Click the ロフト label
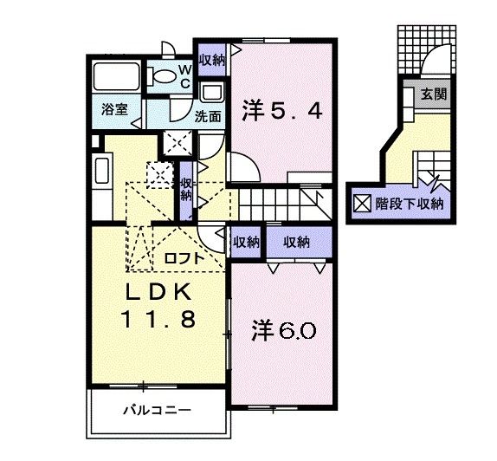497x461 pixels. pyautogui.click(x=184, y=256)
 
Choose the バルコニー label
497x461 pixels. pyautogui.click(x=156, y=409)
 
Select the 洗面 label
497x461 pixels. pyautogui.click(x=207, y=114)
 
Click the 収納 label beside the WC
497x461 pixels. pyautogui.click(x=210, y=60)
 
